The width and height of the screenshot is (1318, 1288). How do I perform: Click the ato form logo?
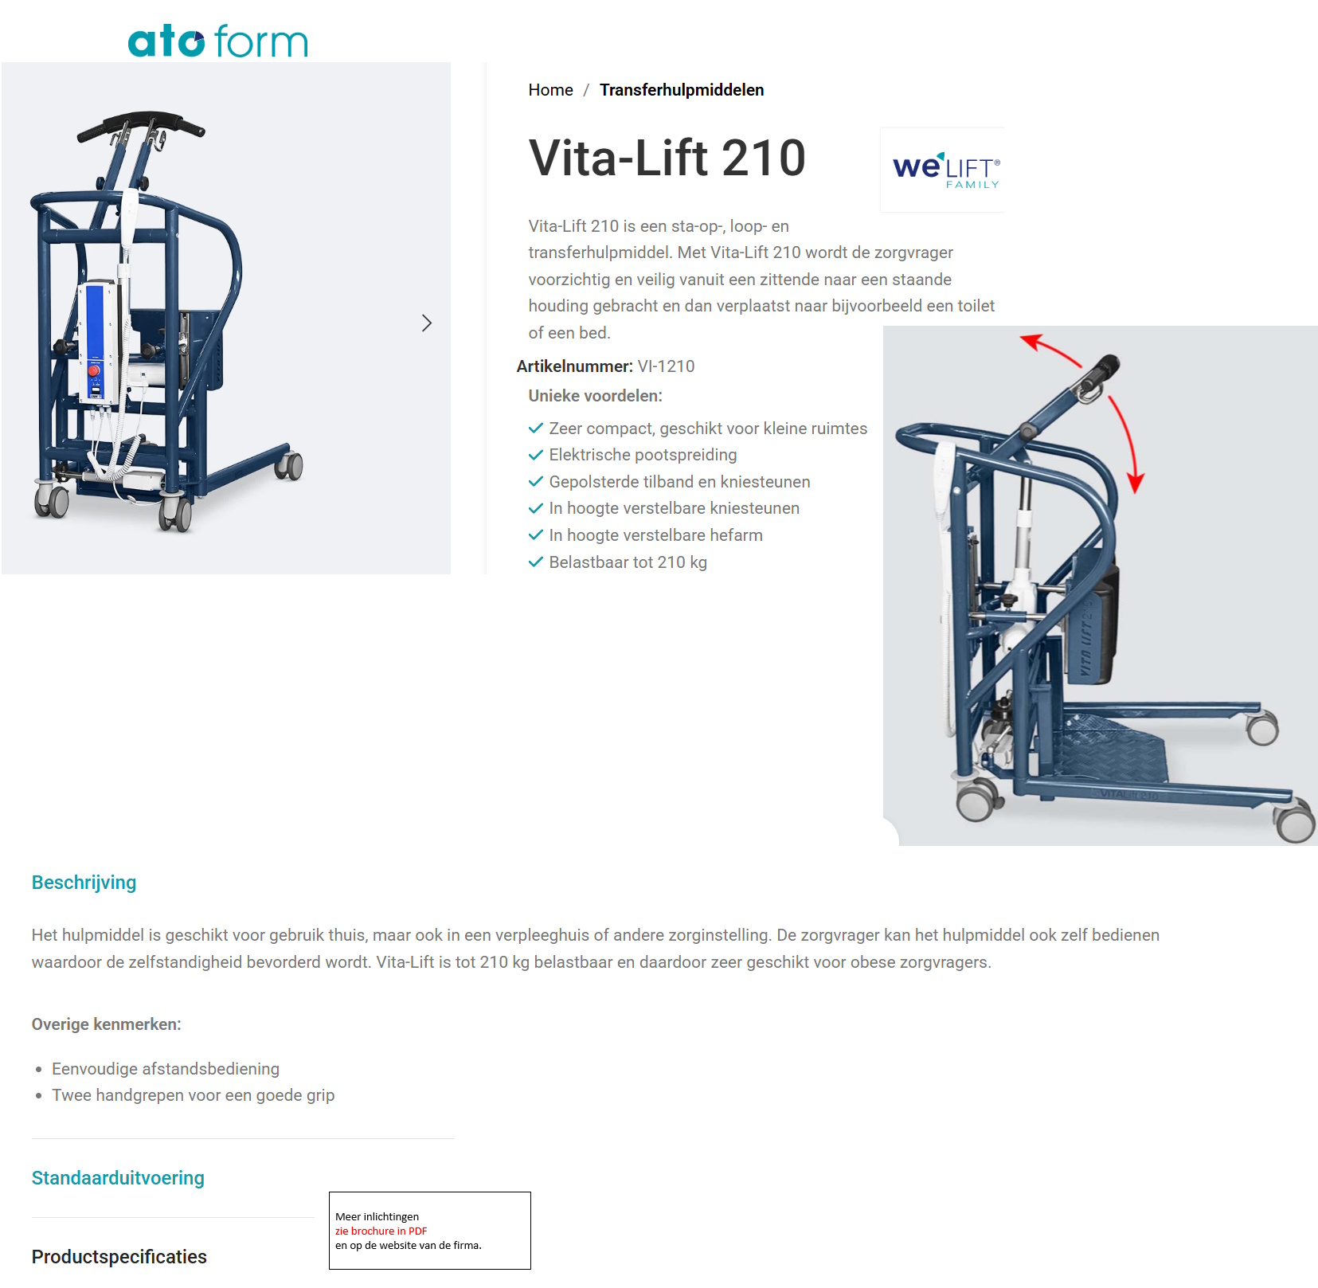pyautogui.click(x=217, y=41)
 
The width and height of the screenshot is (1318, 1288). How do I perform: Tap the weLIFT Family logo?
pyautogui.click(x=945, y=170)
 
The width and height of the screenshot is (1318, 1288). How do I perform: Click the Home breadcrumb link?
pyautogui.click(x=550, y=90)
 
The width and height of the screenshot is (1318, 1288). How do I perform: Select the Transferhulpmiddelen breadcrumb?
pyautogui.click(x=681, y=90)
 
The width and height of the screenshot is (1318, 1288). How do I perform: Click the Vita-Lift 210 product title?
pyautogui.click(x=667, y=158)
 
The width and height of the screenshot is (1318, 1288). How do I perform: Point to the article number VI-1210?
pyautogui.click(x=666, y=366)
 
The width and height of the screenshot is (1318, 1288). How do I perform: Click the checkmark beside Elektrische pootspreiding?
pyautogui.click(x=536, y=455)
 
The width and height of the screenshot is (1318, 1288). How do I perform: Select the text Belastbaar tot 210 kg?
pyautogui.click(x=628, y=562)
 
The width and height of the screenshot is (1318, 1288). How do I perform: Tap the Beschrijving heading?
pyautogui.click(x=84, y=883)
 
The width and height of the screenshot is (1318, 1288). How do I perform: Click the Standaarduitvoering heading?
pyautogui.click(x=118, y=1178)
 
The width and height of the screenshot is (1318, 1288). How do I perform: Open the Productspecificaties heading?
pyautogui.click(x=119, y=1257)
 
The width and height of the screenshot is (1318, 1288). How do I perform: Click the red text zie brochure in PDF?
pyautogui.click(x=381, y=1231)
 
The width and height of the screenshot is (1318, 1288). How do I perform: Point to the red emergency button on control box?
pyautogui.click(x=94, y=370)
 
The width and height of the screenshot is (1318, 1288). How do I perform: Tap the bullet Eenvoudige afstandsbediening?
pyautogui.click(x=166, y=1069)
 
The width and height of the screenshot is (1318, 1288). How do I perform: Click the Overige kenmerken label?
pyautogui.click(x=106, y=1024)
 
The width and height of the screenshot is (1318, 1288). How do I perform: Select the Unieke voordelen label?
pyautogui.click(x=595, y=396)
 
